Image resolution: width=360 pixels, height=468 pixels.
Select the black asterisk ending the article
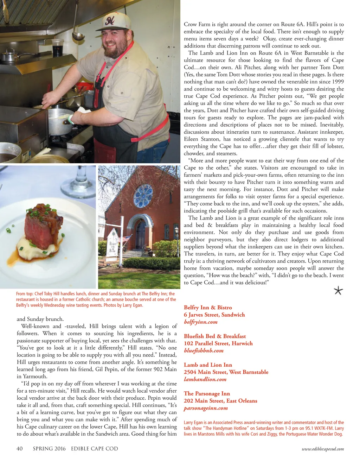click(x=338, y=291)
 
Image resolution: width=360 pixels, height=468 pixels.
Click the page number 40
click(x=20, y=449)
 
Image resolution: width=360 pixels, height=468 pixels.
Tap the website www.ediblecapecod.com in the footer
click(x=323, y=449)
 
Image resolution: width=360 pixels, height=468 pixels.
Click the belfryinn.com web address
click(x=200, y=322)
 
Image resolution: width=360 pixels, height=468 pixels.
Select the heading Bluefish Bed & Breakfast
click(x=215, y=336)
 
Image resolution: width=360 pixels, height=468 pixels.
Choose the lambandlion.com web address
click(x=205, y=379)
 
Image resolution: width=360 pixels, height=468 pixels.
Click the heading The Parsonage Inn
click(x=207, y=393)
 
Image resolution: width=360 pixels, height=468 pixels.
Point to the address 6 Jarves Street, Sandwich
click(x=214, y=315)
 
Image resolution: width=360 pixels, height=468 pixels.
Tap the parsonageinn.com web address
click(x=206, y=408)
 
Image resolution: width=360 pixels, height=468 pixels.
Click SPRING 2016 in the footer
click(x=49, y=449)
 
